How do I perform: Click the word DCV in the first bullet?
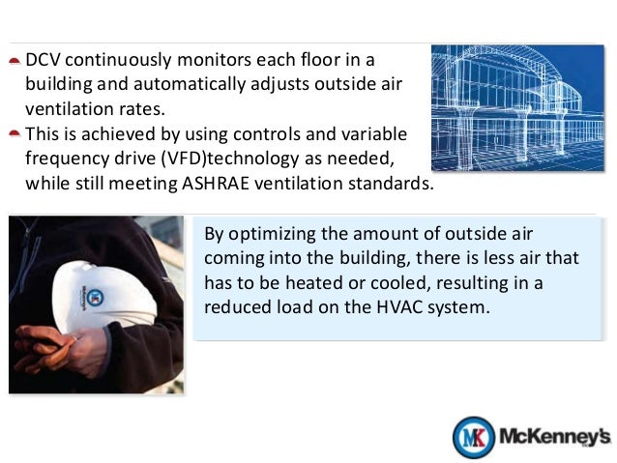tap(44, 59)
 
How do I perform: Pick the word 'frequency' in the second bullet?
tap(65, 159)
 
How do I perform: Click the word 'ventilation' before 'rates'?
tap(66, 109)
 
